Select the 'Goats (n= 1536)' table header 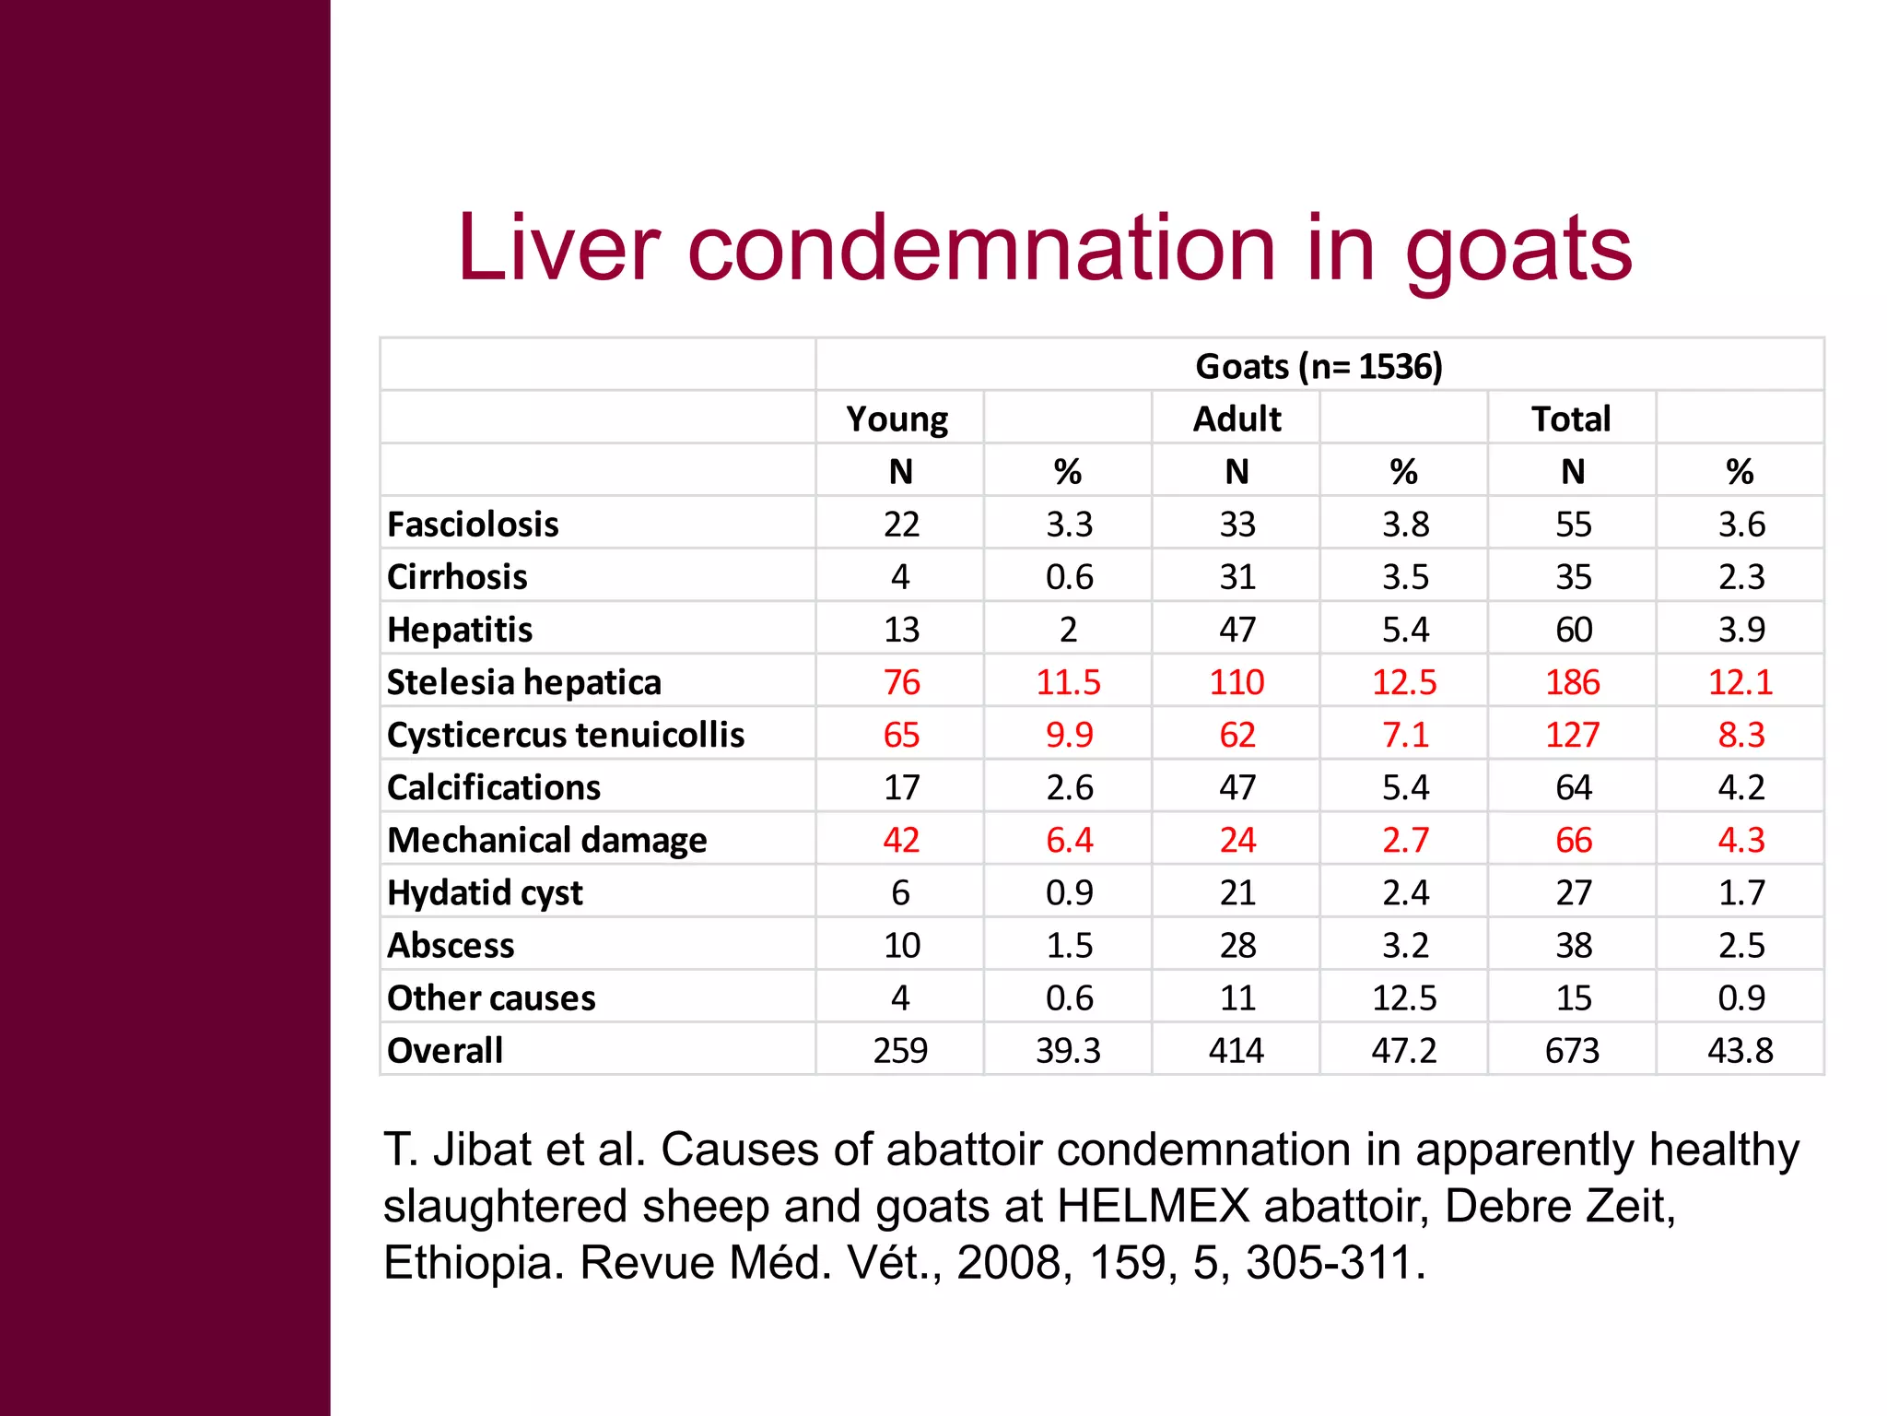point(1319,367)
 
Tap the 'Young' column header point(897,419)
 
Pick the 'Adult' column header point(1237,419)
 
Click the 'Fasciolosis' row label point(473,525)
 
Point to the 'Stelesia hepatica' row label point(523,682)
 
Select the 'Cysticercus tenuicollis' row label point(566,735)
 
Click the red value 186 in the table point(1573,682)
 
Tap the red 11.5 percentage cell point(1068,682)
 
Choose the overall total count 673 point(1573,1051)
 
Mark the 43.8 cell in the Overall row point(1740,1051)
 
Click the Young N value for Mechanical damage point(901,840)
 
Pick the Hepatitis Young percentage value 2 point(1068,630)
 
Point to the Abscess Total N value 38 point(1574,946)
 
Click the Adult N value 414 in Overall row point(1237,1051)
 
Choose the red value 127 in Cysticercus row point(1573,735)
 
